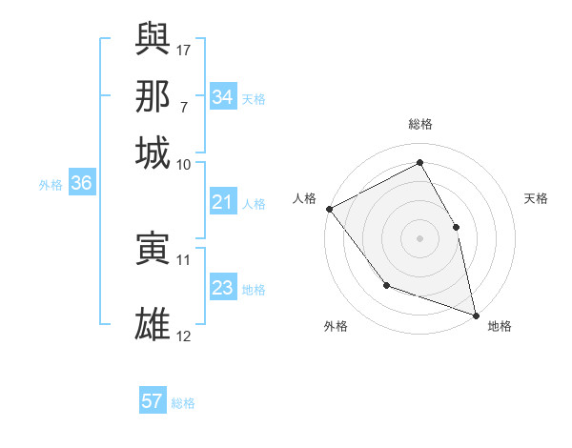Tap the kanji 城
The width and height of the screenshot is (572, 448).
coord(153,153)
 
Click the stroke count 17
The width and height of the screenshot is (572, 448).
coord(185,48)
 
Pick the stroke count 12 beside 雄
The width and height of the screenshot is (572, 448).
coord(184,336)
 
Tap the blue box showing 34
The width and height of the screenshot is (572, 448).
coord(223,96)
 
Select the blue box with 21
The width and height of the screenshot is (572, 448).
coord(223,202)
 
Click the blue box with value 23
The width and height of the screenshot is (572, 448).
coord(223,288)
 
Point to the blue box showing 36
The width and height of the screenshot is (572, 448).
coord(81,184)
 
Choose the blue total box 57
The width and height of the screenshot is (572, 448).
coord(153,401)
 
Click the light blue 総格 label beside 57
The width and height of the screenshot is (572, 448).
coord(184,403)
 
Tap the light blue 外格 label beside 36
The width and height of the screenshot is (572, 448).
coord(51,186)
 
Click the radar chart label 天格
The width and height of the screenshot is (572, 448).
coord(537,198)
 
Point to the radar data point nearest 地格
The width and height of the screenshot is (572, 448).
coord(475,315)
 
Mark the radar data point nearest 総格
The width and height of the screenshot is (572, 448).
coord(419,162)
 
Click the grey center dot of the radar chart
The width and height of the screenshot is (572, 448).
coord(419,237)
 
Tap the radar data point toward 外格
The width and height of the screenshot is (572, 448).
coord(386,284)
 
